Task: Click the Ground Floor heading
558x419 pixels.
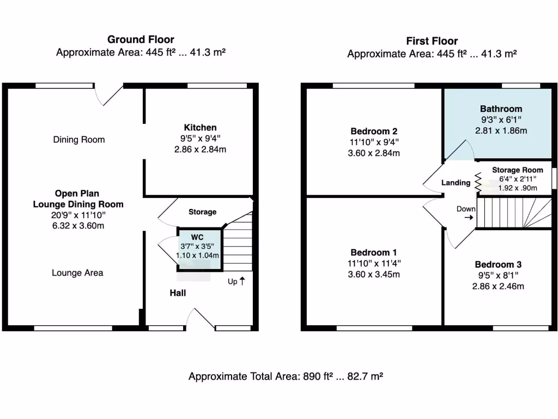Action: coord(141,39)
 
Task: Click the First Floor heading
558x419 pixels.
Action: coord(432,41)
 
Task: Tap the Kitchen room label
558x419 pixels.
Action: coord(199,128)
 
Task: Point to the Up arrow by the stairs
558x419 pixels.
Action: coord(242,282)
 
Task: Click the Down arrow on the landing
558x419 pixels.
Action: coord(468,217)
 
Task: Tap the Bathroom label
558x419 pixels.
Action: coord(501,109)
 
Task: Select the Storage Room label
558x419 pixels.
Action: coord(517,170)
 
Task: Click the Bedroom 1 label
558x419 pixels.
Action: coord(373,253)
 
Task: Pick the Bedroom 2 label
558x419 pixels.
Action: coord(373,131)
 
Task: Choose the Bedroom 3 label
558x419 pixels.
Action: coord(498,265)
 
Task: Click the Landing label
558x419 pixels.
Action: coord(456,183)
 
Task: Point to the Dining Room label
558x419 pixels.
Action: coord(79,140)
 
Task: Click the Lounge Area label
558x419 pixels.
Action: coord(78,273)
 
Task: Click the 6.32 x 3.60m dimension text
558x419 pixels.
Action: coord(78,225)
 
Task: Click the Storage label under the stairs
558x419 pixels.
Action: coord(202,212)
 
